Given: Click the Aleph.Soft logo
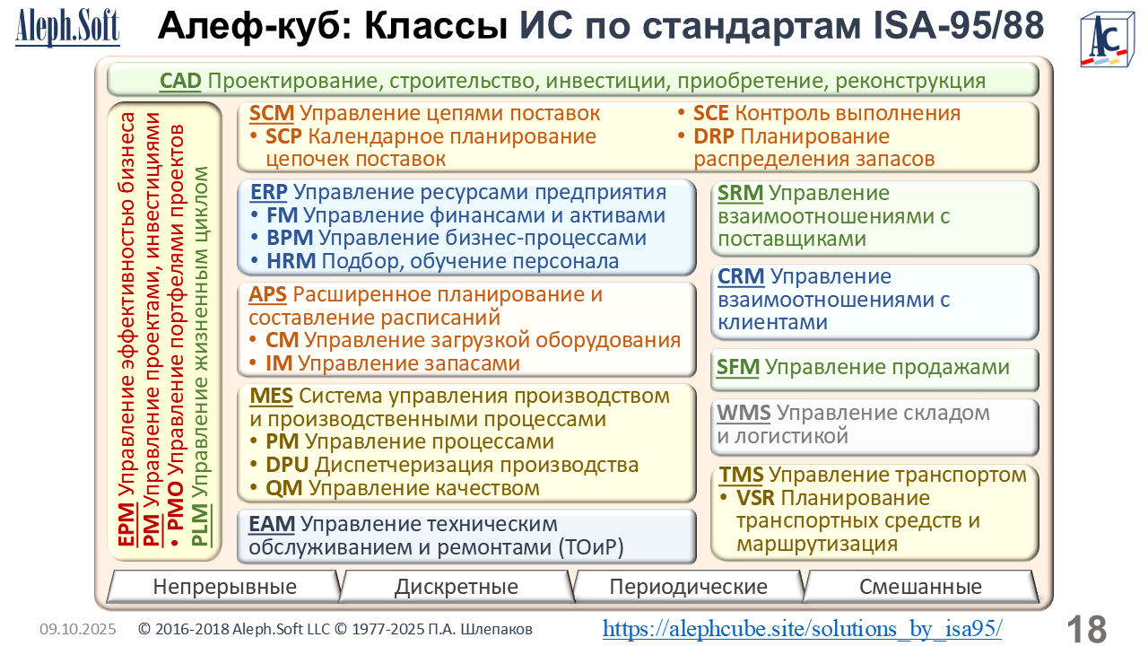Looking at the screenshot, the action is click(x=67, y=27).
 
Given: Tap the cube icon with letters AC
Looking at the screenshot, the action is click(x=1107, y=40).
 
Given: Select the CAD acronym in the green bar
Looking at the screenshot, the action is click(x=180, y=81).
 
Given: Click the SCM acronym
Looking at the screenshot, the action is click(x=271, y=113).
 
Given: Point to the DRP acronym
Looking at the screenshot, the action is click(x=713, y=136).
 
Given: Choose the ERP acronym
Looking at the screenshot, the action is click(x=268, y=192).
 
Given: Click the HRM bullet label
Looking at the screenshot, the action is click(x=291, y=261).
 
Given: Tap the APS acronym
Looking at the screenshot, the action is click(x=267, y=295).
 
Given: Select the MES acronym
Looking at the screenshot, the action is click(x=271, y=396).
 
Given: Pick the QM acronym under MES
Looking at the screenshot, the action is click(x=284, y=487).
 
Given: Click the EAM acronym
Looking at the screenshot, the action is click(x=272, y=524).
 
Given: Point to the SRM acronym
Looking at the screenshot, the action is click(x=740, y=193).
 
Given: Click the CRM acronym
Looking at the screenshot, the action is click(x=741, y=277).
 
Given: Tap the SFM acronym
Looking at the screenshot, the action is click(x=738, y=367).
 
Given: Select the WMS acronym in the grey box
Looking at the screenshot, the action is click(x=744, y=413).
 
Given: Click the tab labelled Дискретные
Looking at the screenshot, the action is click(x=457, y=587).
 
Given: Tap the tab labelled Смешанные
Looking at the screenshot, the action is click(x=920, y=587).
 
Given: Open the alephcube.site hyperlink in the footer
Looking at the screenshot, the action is click(x=802, y=629).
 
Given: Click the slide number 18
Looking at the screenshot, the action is click(x=1087, y=629).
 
